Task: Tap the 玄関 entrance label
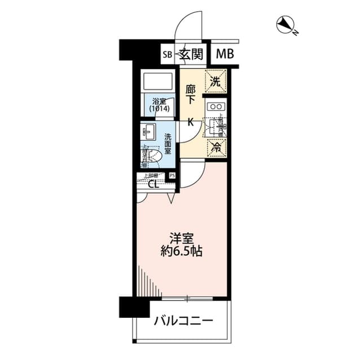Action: pyautogui.click(x=191, y=54)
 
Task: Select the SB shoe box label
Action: pyautogui.click(x=167, y=55)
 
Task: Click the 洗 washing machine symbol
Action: pyautogui.click(x=215, y=81)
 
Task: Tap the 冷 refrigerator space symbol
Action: pyautogui.click(x=215, y=148)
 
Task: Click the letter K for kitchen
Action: pyautogui.click(x=191, y=121)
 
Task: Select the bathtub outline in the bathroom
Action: pyautogui.click(x=159, y=83)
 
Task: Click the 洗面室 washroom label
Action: pyautogui.click(x=168, y=144)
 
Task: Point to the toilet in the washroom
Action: pyautogui.click(x=153, y=155)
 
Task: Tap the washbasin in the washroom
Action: pyautogui.click(x=148, y=133)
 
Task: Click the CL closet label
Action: pyautogui.click(x=153, y=183)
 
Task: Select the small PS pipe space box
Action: pyautogui.click(x=172, y=175)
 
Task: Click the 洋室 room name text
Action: pyautogui.click(x=180, y=238)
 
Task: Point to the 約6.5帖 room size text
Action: pyautogui.click(x=180, y=252)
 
